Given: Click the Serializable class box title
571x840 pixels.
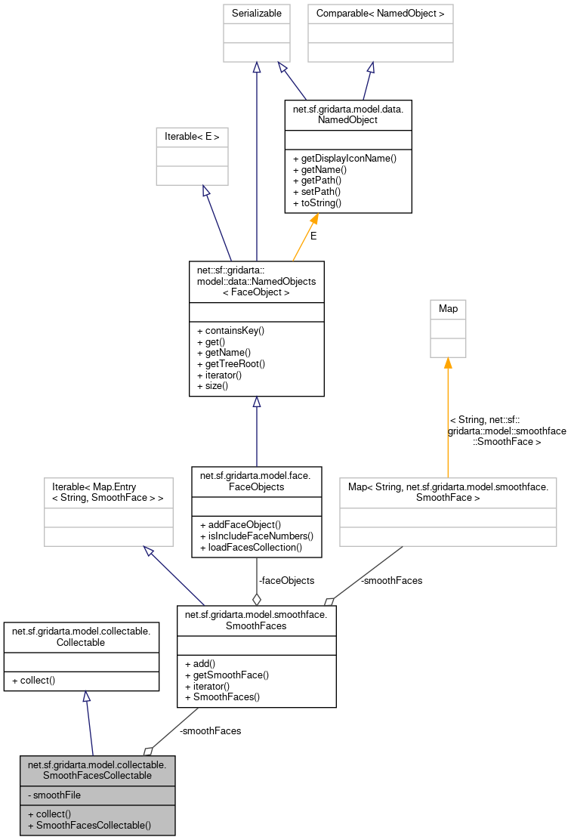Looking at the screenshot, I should [x=257, y=14].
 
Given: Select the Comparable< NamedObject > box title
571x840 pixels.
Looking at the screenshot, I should [x=380, y=14].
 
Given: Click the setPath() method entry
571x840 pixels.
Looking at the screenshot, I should [x=320, y=192].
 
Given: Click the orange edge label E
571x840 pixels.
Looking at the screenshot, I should [x=313, y=236].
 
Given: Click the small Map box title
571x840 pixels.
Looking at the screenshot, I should [x=448, y=309].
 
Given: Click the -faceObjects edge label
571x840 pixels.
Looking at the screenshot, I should [x=286, y=580].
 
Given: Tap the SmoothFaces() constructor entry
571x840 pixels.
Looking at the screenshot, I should [x=226, y=696].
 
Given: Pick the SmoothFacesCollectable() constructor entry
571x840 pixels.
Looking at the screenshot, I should [x=89, y=825].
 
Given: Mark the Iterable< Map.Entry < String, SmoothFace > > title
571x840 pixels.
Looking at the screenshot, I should [x=108, y=492].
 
